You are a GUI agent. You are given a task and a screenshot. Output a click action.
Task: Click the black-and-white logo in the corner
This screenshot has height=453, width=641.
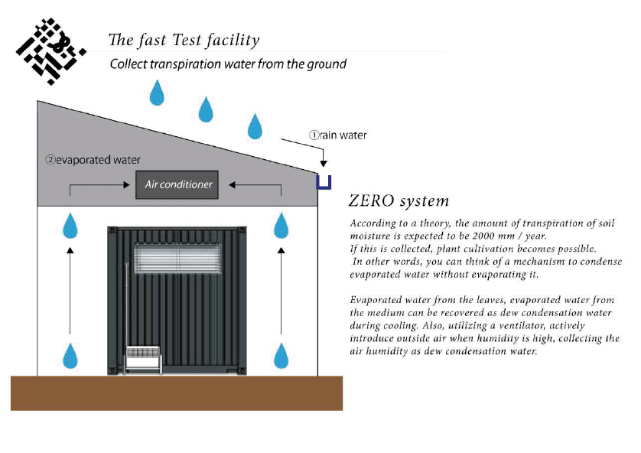48,51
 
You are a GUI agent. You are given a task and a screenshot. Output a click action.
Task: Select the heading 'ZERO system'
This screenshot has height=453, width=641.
398,201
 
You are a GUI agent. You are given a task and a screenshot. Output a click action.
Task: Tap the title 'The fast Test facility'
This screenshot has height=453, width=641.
184,41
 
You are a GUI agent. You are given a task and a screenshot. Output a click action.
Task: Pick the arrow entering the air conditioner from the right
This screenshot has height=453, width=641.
256,184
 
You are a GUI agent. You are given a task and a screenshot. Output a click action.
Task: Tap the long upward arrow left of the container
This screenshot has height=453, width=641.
70,291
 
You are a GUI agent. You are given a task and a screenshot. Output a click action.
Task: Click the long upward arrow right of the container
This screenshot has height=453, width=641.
282,291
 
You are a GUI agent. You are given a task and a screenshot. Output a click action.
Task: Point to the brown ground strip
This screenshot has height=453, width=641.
174,393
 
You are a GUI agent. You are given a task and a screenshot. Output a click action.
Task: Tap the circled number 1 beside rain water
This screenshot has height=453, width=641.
314,135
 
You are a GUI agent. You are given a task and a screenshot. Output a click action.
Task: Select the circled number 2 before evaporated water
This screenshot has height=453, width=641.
50,160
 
